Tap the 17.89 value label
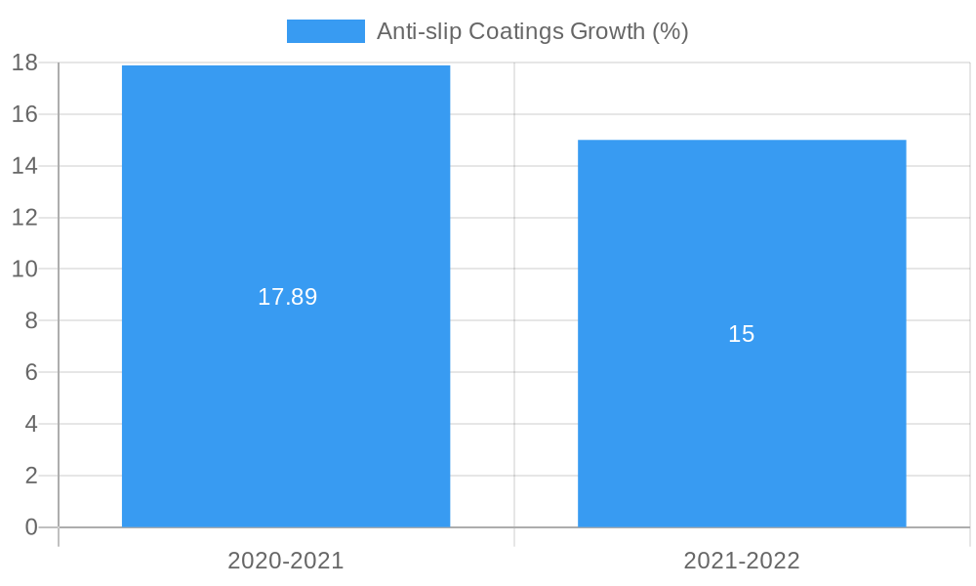click(x=287, y=297)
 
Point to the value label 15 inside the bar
click(x=742, y=334)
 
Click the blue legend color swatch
click(x=325, y=31)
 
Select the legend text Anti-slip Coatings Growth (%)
click(x=532, y=31)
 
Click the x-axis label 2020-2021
click(x=286, y=561)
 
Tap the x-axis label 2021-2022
click(x=742, y=561)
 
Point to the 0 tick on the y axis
click(x=30, y=527)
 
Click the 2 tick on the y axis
click(x=30, y=476)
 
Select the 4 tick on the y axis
click(x=30, y=424)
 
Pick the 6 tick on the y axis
click(x=30, y=372)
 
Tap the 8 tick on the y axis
click(x=30, y=320)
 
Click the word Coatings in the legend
click(x=515, y=31)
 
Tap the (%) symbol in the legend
click(x=670, y=31)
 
